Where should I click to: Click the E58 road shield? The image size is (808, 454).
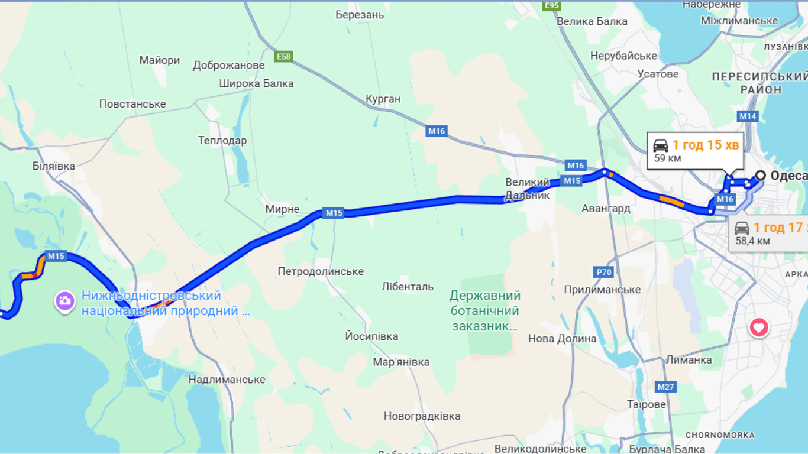pyautogui.click(x=284, y=56)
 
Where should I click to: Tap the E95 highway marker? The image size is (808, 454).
pyautogui.click(x=551, y=5)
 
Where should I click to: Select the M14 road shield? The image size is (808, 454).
pyautogui.click(x=748, y=116)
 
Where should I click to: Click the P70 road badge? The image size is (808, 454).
pyautogui.click(x=603, y=272)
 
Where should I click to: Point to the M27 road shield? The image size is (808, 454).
pyautogui.click(x=666, y=387)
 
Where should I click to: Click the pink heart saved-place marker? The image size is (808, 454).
pyautogui.click(x=759, y=327)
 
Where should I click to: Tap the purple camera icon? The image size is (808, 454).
pyautogui.click(x=65, y=301)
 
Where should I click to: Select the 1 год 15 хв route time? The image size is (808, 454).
pyautogui.click(x=705, y=145)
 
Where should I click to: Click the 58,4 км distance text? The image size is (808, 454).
pyautogui.click(x=752, y=241)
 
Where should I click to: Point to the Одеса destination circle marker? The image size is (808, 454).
pyautogui.click(x=760, y=175)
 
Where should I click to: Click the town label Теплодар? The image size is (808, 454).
pyautogui.click(x=222, y=141)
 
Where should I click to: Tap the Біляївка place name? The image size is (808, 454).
pyautogui.click(x=54, y=166)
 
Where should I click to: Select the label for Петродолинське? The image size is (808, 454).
pyautogui.click(x=321, y=271)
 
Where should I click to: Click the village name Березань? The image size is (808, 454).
pyautogui.click(x=360, y=15)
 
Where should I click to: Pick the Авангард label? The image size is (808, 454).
pyautogui.click(x=606, y=208)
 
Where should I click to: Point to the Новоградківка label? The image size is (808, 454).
pyautogui.click(x=422, y=416)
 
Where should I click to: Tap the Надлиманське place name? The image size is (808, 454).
pyautogui.click(x=227, y=380)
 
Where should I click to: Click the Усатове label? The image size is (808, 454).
pyautogui.click(x=658, y=74)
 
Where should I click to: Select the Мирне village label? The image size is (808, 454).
pyautogui.click(x=282, y=209)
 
